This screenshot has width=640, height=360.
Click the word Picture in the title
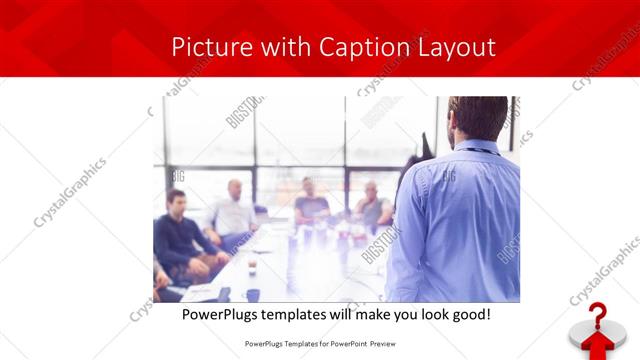coord(206,47)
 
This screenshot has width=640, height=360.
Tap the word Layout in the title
coord(455,47)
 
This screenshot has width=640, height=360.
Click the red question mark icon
coord(598,317)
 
